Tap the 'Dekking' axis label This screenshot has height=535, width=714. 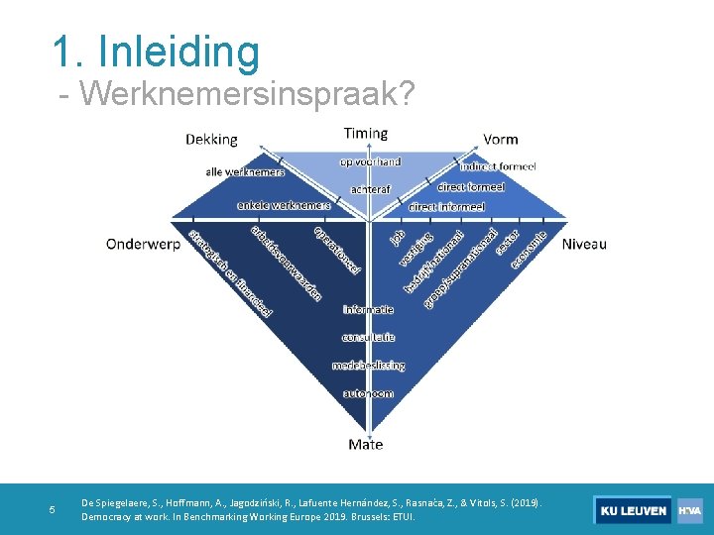(211, 140)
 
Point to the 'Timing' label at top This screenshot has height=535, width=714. (366, 133)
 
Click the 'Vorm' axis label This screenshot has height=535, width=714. (501, 140)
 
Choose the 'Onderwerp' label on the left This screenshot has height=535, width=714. (144, 244)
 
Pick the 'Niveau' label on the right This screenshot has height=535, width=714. (584, 244)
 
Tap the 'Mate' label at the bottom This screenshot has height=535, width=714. (366, 445)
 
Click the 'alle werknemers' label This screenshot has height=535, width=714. (245, 171)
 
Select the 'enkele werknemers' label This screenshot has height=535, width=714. (284, 205)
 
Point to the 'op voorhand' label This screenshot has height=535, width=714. (370, 161)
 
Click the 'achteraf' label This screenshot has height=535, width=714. (371, 189)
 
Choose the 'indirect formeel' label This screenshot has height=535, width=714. (497, 166)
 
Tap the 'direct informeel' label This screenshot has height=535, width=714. (446, 207)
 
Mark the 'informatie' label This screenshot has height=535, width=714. (369, 310)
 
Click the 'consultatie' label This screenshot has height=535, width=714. (369, 338)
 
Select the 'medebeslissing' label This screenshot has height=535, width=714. (369, 366)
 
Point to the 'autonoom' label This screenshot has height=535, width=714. (369, 393)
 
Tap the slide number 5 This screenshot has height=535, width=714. (53, 510)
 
